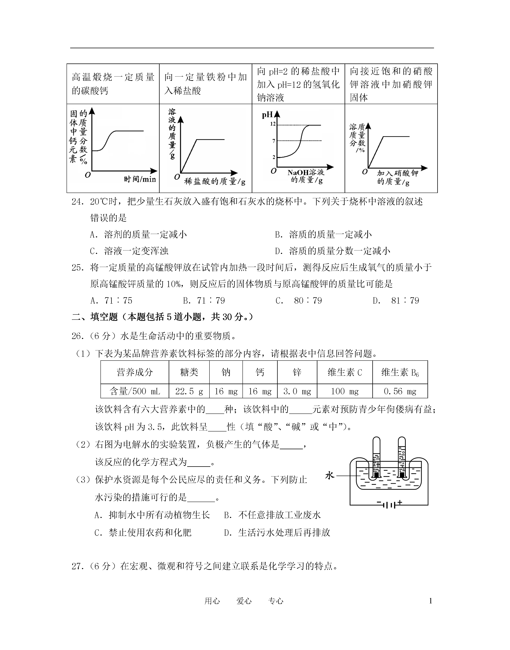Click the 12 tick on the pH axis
(x=273, y=124)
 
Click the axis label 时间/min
(x=140, y=179)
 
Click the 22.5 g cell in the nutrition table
(x=189, y=391)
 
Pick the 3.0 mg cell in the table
(x=297, y=391)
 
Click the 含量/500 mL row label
(x=135, y=391)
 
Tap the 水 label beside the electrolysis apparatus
(x=329, y=475)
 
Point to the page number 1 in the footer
(x=430, y=601)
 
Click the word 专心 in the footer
(x=276, y=601)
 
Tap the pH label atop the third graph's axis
(x=267, y=115)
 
